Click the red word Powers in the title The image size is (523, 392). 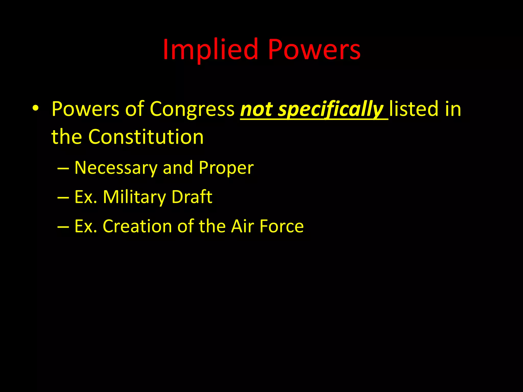click(x=314, y=50)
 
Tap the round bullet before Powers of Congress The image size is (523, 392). click(x=35, y=108)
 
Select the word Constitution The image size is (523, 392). click(x=146, y=137)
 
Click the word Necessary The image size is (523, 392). click(x=116, y=168)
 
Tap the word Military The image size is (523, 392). click(x=134, y=197)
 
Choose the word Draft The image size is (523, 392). click(x=192, y=197)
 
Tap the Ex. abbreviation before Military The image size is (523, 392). click(x=86, y=197)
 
